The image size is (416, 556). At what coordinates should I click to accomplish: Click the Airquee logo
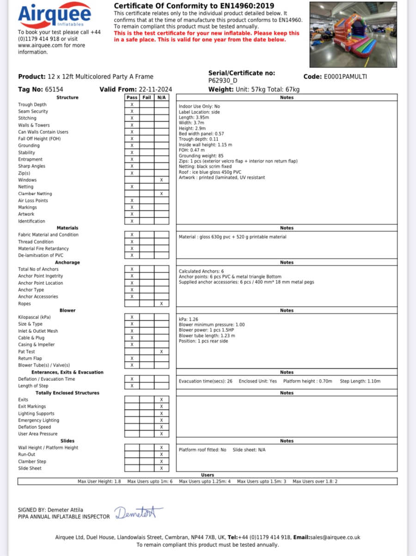[55, 15]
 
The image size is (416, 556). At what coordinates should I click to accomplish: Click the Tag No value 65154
[54, 90]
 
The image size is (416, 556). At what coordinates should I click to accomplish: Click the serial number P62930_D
[223, 81]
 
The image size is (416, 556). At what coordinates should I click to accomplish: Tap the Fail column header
[147, 98]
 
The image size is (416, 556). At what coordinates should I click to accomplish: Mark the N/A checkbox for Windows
[161, 180]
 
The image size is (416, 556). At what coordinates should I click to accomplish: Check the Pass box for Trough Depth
[132, 104]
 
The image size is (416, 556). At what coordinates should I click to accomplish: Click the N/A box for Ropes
[161, 304]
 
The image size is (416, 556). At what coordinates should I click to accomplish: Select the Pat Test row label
[26, 352]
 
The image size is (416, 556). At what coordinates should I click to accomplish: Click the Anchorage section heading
[67, 263]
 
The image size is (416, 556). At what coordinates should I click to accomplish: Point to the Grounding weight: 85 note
[201, 156]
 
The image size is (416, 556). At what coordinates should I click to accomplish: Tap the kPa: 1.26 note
[188, 319]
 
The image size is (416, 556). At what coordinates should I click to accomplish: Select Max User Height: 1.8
[99, 482]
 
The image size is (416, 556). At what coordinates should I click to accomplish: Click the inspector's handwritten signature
[138, 513]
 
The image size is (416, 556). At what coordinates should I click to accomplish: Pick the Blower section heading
[67, 311]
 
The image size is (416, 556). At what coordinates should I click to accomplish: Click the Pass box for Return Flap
[132, 358]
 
